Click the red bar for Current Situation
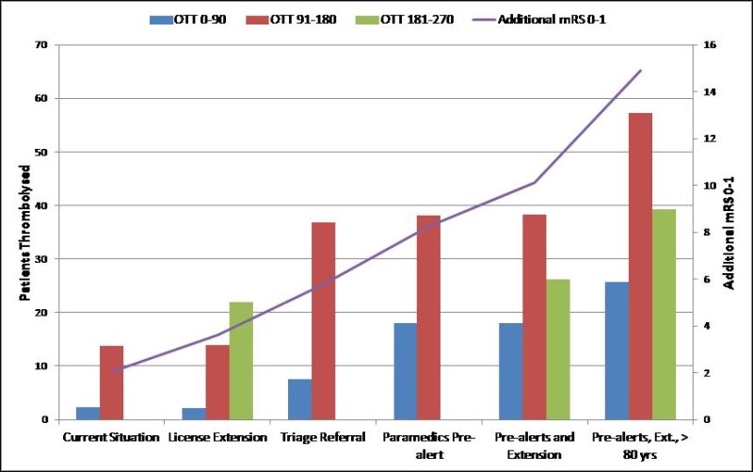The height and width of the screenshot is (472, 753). coord(111,382)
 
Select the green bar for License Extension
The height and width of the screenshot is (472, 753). coord(241,361)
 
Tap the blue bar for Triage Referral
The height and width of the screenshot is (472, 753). coord(299,399)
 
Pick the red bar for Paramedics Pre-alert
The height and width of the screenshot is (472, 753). coord(429,317)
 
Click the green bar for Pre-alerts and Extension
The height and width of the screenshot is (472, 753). coord(558,350)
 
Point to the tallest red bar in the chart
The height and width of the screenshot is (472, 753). coord(640,267)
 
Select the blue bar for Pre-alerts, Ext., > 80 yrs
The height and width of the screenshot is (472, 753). coord(617,350)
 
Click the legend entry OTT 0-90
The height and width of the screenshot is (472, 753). coord(187,20)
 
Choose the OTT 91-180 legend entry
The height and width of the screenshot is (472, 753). coord(292,20)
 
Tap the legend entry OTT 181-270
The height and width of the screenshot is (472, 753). coord(405,20)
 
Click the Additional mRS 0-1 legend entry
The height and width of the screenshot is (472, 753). coord(539,20)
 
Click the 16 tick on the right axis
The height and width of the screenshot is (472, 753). coord(710,45)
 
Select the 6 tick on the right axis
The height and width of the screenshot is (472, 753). coord(707,279)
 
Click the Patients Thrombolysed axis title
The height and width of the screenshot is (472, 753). coord(25,233)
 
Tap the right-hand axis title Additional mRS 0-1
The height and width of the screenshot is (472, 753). coord(729,233)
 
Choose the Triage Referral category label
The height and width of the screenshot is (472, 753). coord(323,437)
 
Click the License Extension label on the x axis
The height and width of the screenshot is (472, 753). coord(217,437)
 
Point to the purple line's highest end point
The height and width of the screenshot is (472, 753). coord(641,71)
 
